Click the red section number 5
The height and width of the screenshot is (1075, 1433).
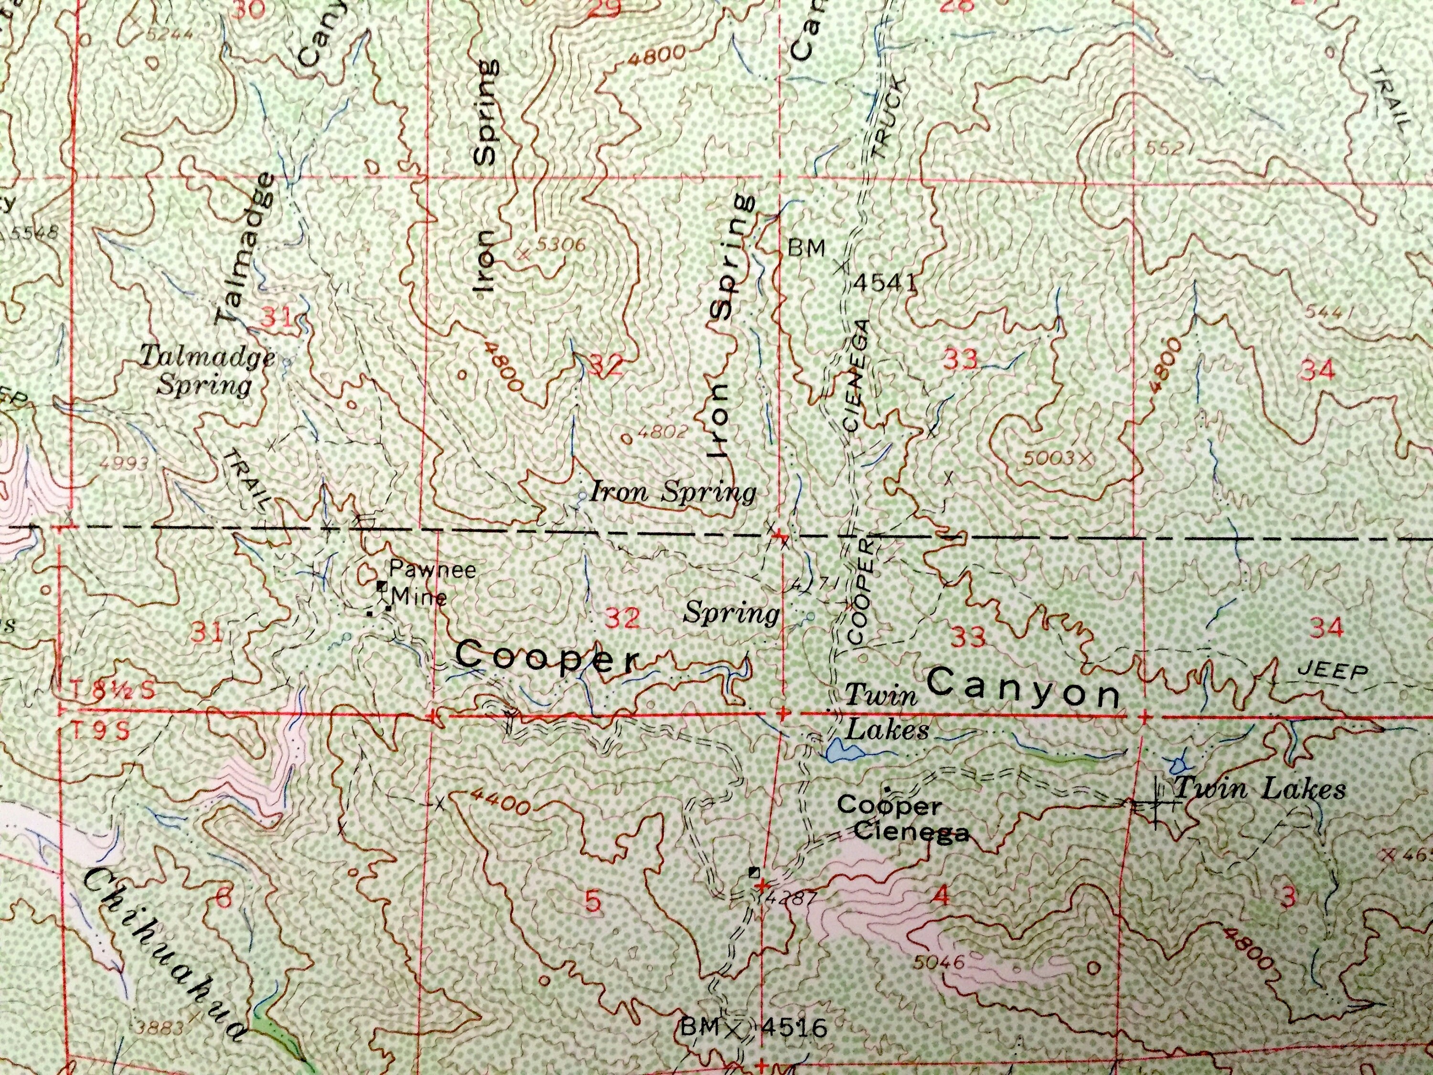(x=593, y=902)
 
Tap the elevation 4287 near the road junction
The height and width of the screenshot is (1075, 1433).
(x=784, y=897)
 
